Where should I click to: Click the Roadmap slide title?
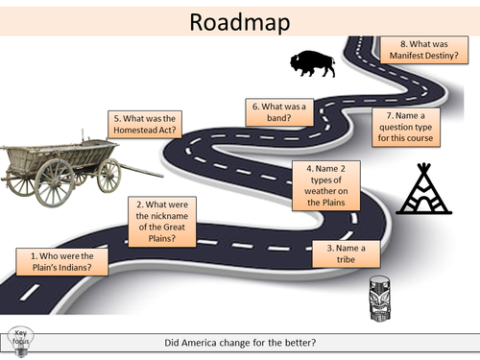240,21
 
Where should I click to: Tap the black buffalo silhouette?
313,63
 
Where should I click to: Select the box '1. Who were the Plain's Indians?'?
55,261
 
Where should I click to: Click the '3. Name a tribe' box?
340,253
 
